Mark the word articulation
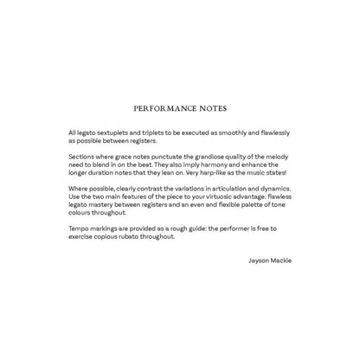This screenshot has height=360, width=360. coord(220,188)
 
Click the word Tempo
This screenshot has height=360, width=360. coord(79,228)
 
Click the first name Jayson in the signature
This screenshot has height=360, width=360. coord(257,259)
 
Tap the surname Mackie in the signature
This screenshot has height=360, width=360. coord(281,259)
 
